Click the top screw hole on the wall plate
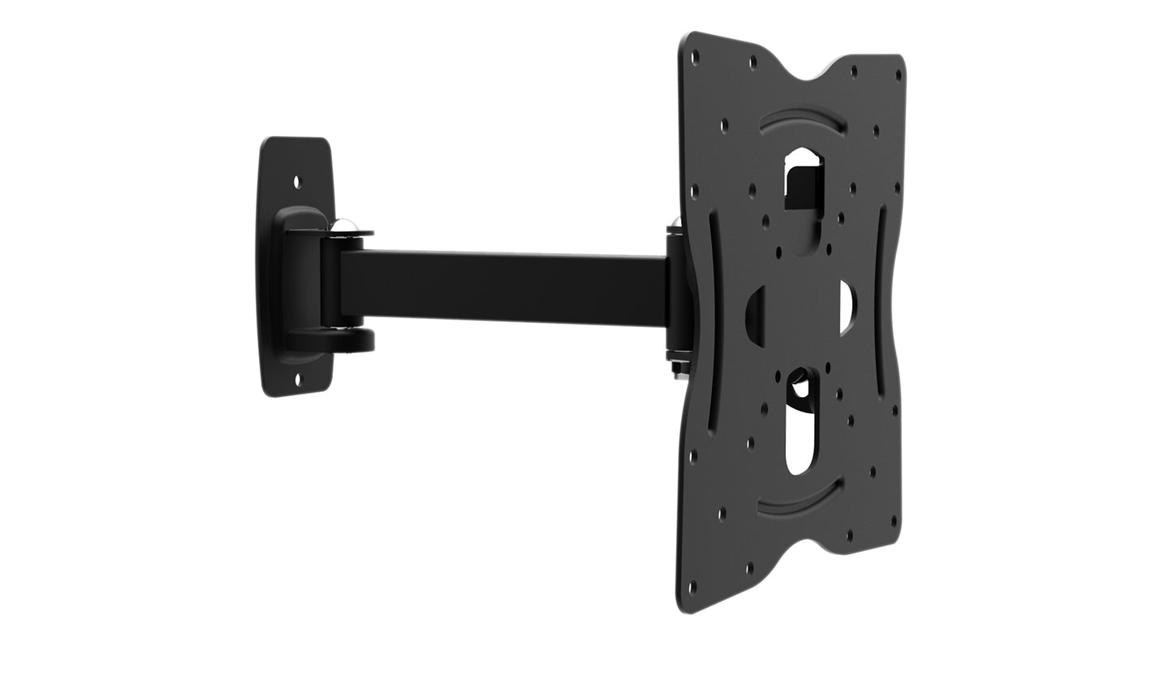tap(297, 183)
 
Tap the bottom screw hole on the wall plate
tap(297, 377)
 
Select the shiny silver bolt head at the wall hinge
tap(344, 226)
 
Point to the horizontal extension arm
tap(503, 286)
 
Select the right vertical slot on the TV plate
tap(881, 300)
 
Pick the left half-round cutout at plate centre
tap(756, 316)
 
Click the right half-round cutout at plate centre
tap(846, 307)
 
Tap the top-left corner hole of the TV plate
tap(695, 55)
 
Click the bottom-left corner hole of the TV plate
tap(692, 586)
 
